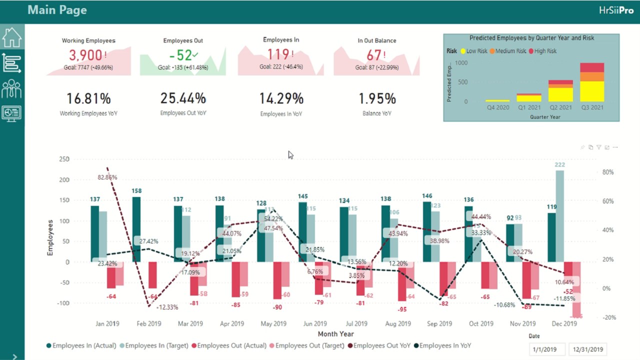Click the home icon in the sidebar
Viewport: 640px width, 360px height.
tap(11, 36)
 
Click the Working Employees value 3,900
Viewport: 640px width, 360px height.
tap(85, 55)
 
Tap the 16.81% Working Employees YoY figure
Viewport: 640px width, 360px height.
tap(88, 99)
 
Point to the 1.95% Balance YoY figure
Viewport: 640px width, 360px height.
tap(377, 99)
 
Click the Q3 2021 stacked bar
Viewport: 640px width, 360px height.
tap(592, 82)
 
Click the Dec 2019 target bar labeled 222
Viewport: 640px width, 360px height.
tap(560, 215)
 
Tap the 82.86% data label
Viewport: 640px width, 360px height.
tap(107, 177)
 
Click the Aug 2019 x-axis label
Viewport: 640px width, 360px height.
tap(398, 323)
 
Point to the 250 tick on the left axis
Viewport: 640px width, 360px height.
tap(64, 159)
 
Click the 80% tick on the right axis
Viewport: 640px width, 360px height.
tap(608, 172)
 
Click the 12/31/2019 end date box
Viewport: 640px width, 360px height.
tap(587, 349)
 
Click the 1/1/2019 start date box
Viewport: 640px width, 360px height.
tap(547, 349)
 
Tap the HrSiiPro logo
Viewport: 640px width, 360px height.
tap(616, 10)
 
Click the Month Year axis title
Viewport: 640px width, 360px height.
tap(335, 334)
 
